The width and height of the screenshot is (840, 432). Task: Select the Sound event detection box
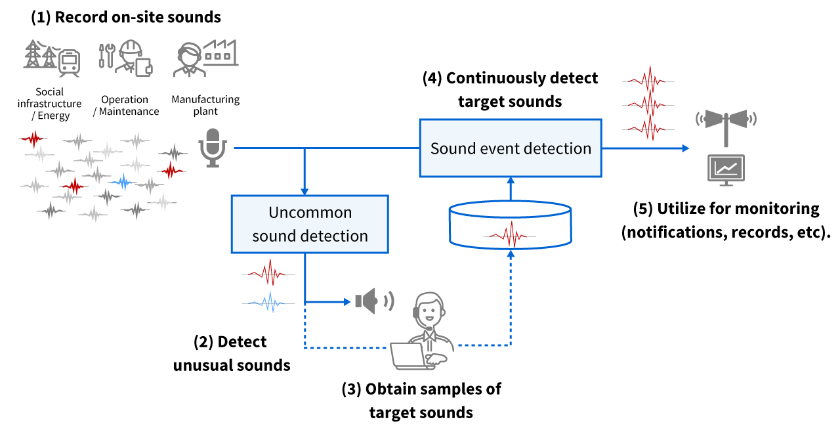pyautogui.click(x=511, y=148)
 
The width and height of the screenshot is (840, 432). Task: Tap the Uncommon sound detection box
pyautogui.click(x=310, y=224)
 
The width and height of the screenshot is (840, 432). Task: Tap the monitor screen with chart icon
pyautogui.click(x=726, y=169)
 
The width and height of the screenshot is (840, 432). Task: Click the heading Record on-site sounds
pyautogui.click(x=126, y=18)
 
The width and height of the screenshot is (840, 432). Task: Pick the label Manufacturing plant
pyautogui.click(x=205, y=105)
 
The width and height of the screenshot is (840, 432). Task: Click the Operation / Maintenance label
pyautogui.click(x=125, y=105)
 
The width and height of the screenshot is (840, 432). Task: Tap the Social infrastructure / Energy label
pyautogui.click(x=50, y=104)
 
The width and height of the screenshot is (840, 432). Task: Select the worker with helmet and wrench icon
pyautogui.click(x=126, y=58)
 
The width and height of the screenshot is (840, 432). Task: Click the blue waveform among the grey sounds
pyautogui.click(x=122, y=181)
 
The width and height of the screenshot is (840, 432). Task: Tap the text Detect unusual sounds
pyautogui.click(x=231, y=353)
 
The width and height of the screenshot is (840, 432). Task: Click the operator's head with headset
pyautogui.click(x=428, y=309)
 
